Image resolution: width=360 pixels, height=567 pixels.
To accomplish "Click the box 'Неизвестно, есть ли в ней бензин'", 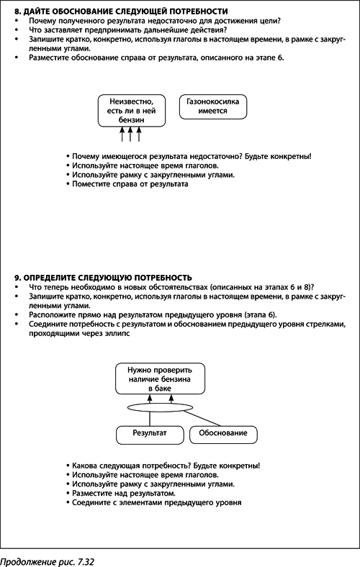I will pos(127,112).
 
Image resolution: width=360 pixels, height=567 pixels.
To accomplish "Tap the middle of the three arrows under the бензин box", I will pos(130,135).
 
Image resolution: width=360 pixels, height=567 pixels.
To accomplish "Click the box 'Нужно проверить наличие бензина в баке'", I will pos(161,378).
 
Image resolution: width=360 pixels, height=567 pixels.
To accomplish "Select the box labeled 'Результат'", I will pos(149,433).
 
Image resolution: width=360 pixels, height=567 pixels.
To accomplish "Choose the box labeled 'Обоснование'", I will pos(223,433).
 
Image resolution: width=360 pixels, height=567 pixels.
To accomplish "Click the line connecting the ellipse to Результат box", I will pos(149,419).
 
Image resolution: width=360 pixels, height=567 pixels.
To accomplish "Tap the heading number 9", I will pos(17,277).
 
